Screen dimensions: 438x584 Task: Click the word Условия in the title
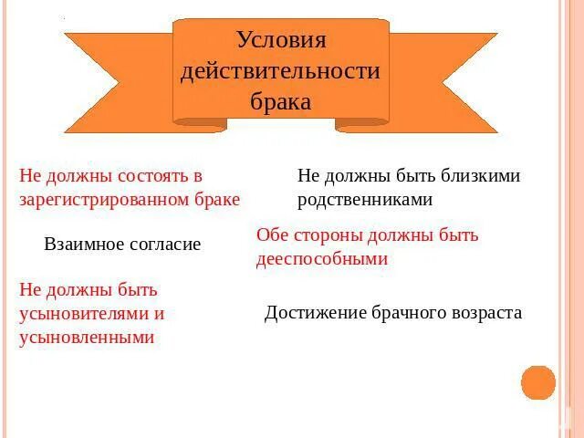click(281, 40)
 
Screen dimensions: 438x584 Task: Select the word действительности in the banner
click(280, 71)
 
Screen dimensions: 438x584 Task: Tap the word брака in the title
click(280, 101)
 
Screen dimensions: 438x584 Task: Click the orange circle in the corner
click(538, 382)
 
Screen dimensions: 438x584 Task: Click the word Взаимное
click(80, 245)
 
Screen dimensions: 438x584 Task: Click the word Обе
click(273, 235)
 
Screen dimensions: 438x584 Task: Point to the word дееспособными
click(322, 258)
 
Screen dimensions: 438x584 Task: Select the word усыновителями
click(85, 314)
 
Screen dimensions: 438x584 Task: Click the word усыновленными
click(87, 338)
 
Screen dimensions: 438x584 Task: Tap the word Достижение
click(315, 313)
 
